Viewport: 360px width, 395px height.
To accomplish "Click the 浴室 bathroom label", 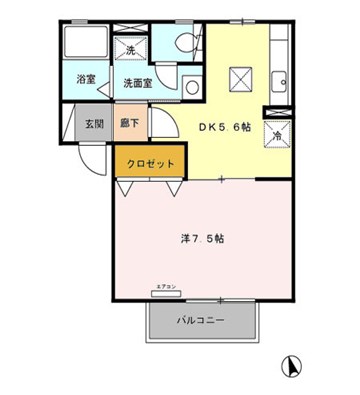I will click(x=86, y=78).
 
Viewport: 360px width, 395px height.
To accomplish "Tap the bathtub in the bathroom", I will click(x=87, y=45).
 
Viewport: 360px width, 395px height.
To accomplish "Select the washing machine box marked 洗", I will click(x=130, y=48).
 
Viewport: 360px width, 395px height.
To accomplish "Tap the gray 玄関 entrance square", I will click(x=93, y=124).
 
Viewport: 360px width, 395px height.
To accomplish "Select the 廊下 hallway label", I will click(x=129, y=124).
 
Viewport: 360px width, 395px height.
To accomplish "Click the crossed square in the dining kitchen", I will click(x=240, y=78).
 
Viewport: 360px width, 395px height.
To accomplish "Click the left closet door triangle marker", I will click(x=127, y=186).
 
